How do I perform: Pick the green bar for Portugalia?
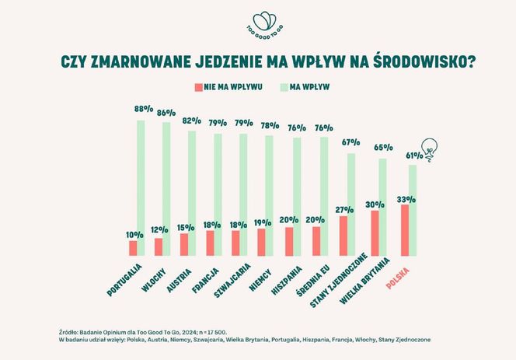[141, 187]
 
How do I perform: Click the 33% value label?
[405, 199]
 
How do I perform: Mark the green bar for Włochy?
[166, 188]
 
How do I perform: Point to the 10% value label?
[134, 234]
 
